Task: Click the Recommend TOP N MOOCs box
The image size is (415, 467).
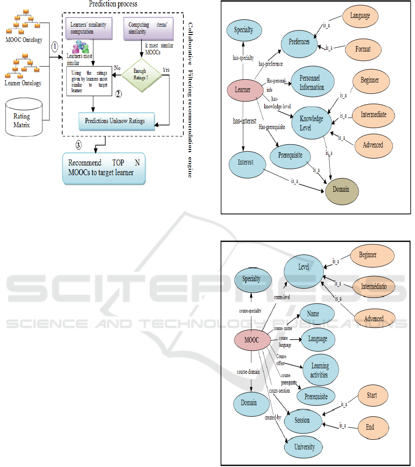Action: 104,168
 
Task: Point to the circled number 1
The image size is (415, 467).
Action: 54,47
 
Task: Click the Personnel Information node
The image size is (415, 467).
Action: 312,83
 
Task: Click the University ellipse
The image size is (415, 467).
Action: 304,447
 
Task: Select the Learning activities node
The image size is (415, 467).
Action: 320,370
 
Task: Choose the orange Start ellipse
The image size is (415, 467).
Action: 372,395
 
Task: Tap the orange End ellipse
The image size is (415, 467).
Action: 370,427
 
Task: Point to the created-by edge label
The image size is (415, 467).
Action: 273,418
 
